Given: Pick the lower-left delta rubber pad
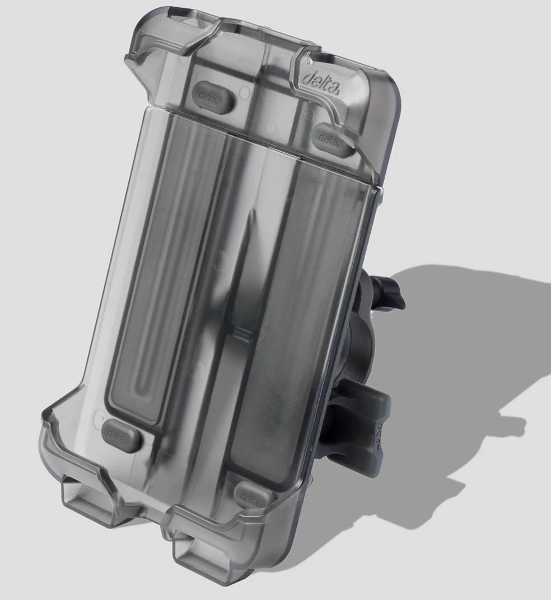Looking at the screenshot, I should [120, 433].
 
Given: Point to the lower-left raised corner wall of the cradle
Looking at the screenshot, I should [56, 442].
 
